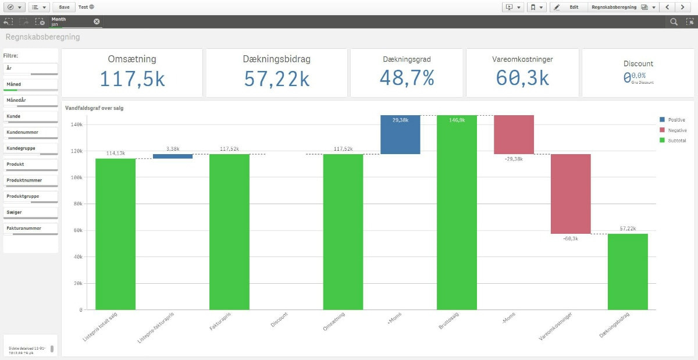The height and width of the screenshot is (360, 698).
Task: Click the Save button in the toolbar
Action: [x=64, y=7]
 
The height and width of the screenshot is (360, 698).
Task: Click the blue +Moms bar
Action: [x=400, y=134]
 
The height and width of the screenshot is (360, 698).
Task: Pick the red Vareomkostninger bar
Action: [x=571, y=194]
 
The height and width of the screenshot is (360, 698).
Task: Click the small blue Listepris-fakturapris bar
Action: [x=173, y=156]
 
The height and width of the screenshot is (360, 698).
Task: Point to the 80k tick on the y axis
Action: [x=76, y=204]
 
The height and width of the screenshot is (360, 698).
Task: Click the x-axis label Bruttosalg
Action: [x=449, y=322]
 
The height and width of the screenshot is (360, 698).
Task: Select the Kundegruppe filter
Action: [x=31, y=149]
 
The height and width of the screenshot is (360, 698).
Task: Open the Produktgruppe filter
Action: [x=31, y=197]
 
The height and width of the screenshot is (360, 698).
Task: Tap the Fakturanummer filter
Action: [x=31, y=229]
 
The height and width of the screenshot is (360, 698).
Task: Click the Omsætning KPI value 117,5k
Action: [x=132, y=79]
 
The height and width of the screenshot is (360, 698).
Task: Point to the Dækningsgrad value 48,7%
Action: [x=407, y=78]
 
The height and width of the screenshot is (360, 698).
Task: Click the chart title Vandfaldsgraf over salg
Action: [x=94, y=108]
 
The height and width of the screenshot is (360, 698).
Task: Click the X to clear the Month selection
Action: [x=97, y=22]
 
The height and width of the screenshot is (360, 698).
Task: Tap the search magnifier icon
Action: [x=674, y=22]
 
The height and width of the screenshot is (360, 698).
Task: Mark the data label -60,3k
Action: [x=571, y=238]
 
